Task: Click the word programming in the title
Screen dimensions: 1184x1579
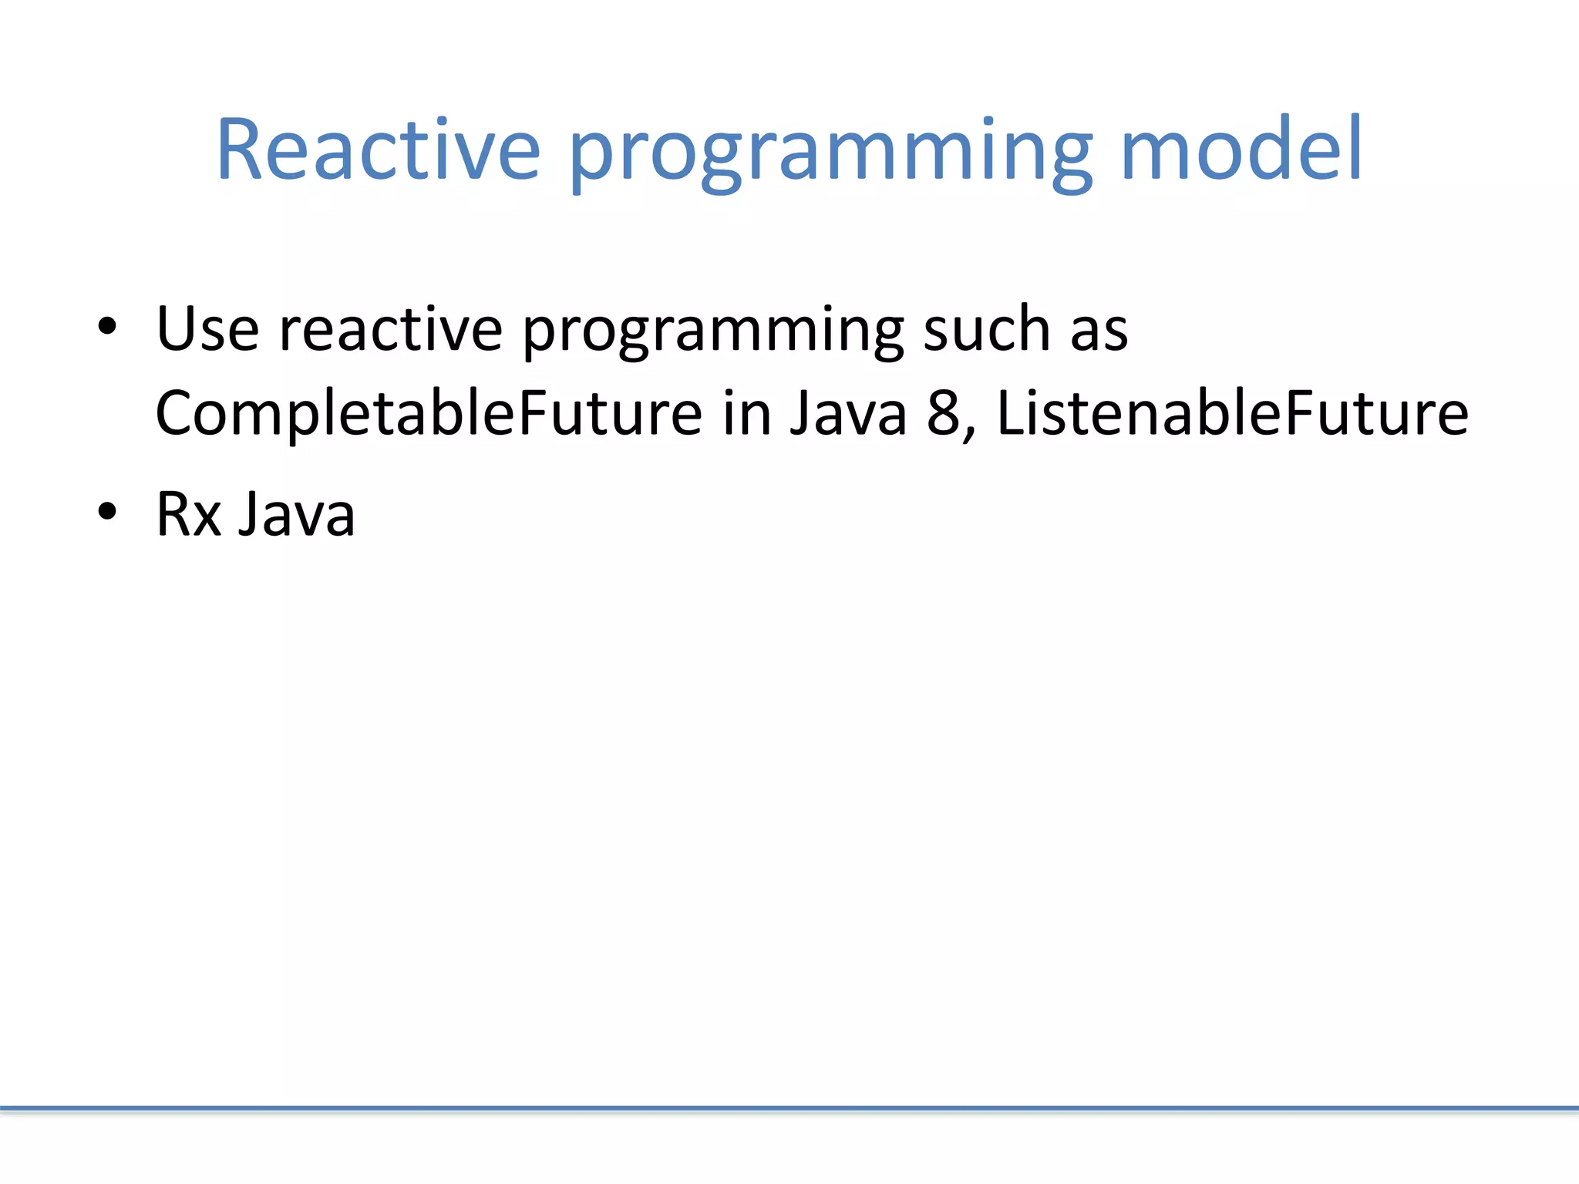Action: (x=830, y=154)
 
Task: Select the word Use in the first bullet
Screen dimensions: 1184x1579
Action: (x=207, y=330)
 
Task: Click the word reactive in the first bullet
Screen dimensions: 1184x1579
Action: (x=391, y=330)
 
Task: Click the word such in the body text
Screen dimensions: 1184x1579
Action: (x=987, y=330)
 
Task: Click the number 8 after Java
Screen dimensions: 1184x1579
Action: (x=943, y=415)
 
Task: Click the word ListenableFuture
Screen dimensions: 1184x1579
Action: (x=1232, y=413)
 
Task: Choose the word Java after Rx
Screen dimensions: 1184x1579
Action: (x=296, y=514)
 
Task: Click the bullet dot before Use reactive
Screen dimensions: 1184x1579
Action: (x=107, y=327)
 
